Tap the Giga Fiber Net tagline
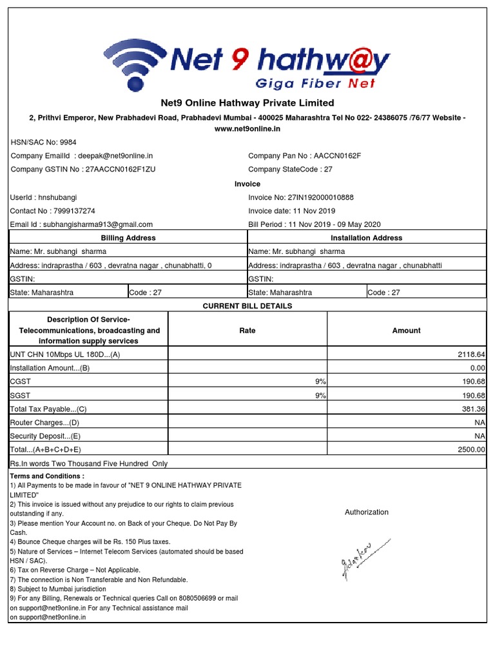pyautogui.click(x=315, y=83)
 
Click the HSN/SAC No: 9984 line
pyautogui.click(x=43, y=142)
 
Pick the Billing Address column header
pyautogui.click(x=128, y=238)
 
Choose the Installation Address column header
pyautogui.click(x=366, y=238)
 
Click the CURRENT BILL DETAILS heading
pyautogui.click(x=247, y=306)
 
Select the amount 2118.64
pyautogui.click(x=471, y=354)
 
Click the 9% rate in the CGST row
pyautogui.click(x=320, y=382)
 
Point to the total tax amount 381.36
pyautogui.click(x=472, y=409)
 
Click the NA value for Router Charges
pyautogui.click(x=480, y=422)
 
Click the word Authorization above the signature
pyautogui.click(x=367, y=512)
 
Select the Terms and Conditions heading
pyautogui.click(x=46, y=476)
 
